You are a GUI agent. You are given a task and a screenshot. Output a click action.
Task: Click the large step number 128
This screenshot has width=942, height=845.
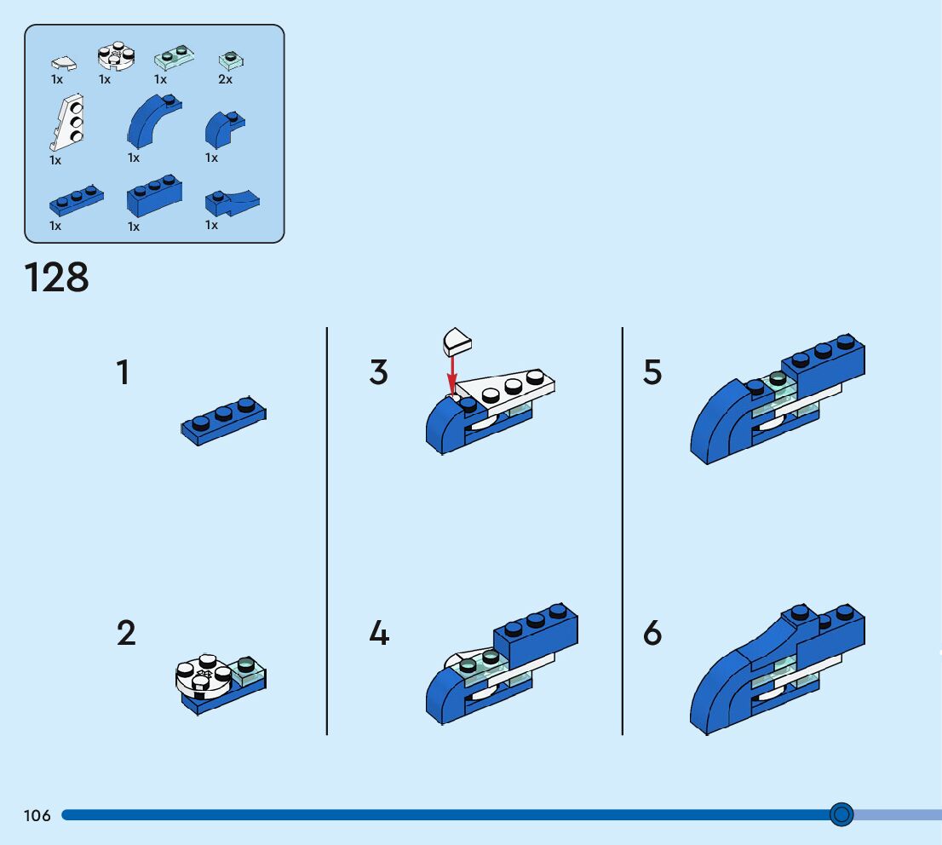coord(56,278)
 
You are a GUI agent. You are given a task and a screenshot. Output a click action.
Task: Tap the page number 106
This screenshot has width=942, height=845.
coord(37,815)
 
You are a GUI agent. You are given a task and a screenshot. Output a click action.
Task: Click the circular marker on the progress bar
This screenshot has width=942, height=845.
coord(841,814)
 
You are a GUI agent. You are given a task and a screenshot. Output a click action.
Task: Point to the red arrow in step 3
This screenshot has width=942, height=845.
coord(451,375)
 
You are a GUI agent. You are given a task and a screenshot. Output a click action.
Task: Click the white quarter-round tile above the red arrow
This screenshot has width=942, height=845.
coord(457,342)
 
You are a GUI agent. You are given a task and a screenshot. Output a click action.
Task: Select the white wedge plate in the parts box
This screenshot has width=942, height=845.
coord(67,122)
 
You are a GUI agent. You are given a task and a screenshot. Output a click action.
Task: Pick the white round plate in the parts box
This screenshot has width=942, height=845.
coord(116,56)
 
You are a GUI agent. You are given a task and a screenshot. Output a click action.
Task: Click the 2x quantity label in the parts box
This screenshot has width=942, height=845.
coord(226,79)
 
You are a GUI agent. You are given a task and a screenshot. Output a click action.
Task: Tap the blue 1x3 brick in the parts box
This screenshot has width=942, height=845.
coord(154,196)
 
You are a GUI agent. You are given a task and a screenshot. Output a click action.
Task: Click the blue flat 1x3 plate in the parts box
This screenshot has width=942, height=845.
coord(76,200)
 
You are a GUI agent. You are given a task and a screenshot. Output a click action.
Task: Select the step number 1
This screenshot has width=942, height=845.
coord(123,372)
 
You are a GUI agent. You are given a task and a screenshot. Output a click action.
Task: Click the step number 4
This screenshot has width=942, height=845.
coord(379,633)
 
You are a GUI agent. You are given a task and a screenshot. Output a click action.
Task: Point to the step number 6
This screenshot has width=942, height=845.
coord(652,633)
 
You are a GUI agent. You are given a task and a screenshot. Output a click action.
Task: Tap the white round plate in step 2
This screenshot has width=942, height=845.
coord(203,676)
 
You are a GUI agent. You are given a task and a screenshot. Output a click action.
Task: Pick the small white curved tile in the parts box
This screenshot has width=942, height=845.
coord(63,63)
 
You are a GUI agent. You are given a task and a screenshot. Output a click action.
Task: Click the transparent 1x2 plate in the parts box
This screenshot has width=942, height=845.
coord(174,57)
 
